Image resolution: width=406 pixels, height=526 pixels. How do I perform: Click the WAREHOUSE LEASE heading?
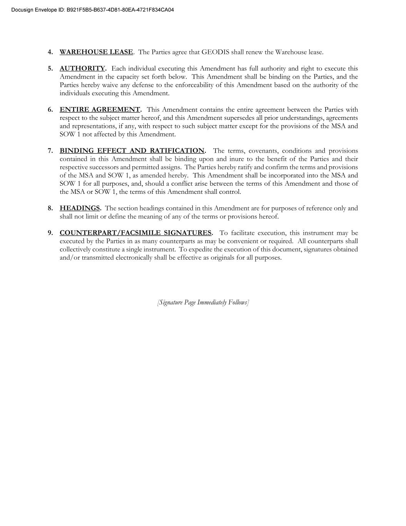click(x=96, y=52)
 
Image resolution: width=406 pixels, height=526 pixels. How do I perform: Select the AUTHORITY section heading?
click(x=82, y=69)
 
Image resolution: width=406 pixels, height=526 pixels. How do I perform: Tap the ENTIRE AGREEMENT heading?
click(x=100, y=110)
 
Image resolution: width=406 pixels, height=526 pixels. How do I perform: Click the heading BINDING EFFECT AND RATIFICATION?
click(x=132, y=151)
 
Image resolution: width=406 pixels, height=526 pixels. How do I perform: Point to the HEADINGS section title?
click(x=80, y=208)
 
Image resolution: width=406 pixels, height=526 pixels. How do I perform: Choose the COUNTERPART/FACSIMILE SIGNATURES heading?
click(x=135, y=233)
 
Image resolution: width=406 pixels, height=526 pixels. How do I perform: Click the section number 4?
click(x=50, y=52)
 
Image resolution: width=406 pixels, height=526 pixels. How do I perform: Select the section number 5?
click(x=50, y=69)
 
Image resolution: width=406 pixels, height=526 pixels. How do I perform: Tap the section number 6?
click(x=50, y=110)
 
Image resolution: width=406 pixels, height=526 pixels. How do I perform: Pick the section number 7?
click(x=50, y=151)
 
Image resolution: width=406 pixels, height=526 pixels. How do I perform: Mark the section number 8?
click(x=50, y=208)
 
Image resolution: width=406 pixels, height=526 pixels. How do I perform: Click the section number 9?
click(x=50, y=233)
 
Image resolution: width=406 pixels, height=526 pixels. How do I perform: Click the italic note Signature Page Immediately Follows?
click(x=203, y=302)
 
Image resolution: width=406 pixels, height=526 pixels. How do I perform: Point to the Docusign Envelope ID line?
click(x=92, y=10)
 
